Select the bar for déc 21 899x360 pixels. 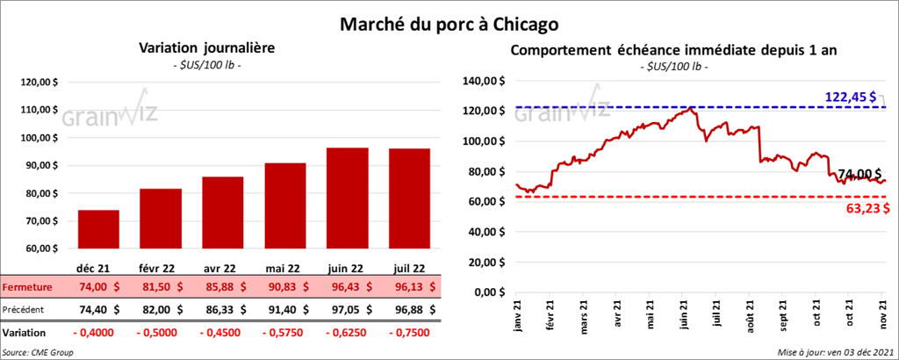pos(98,230)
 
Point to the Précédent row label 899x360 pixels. pos(25,309)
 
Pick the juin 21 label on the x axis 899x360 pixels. pos(684,313)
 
